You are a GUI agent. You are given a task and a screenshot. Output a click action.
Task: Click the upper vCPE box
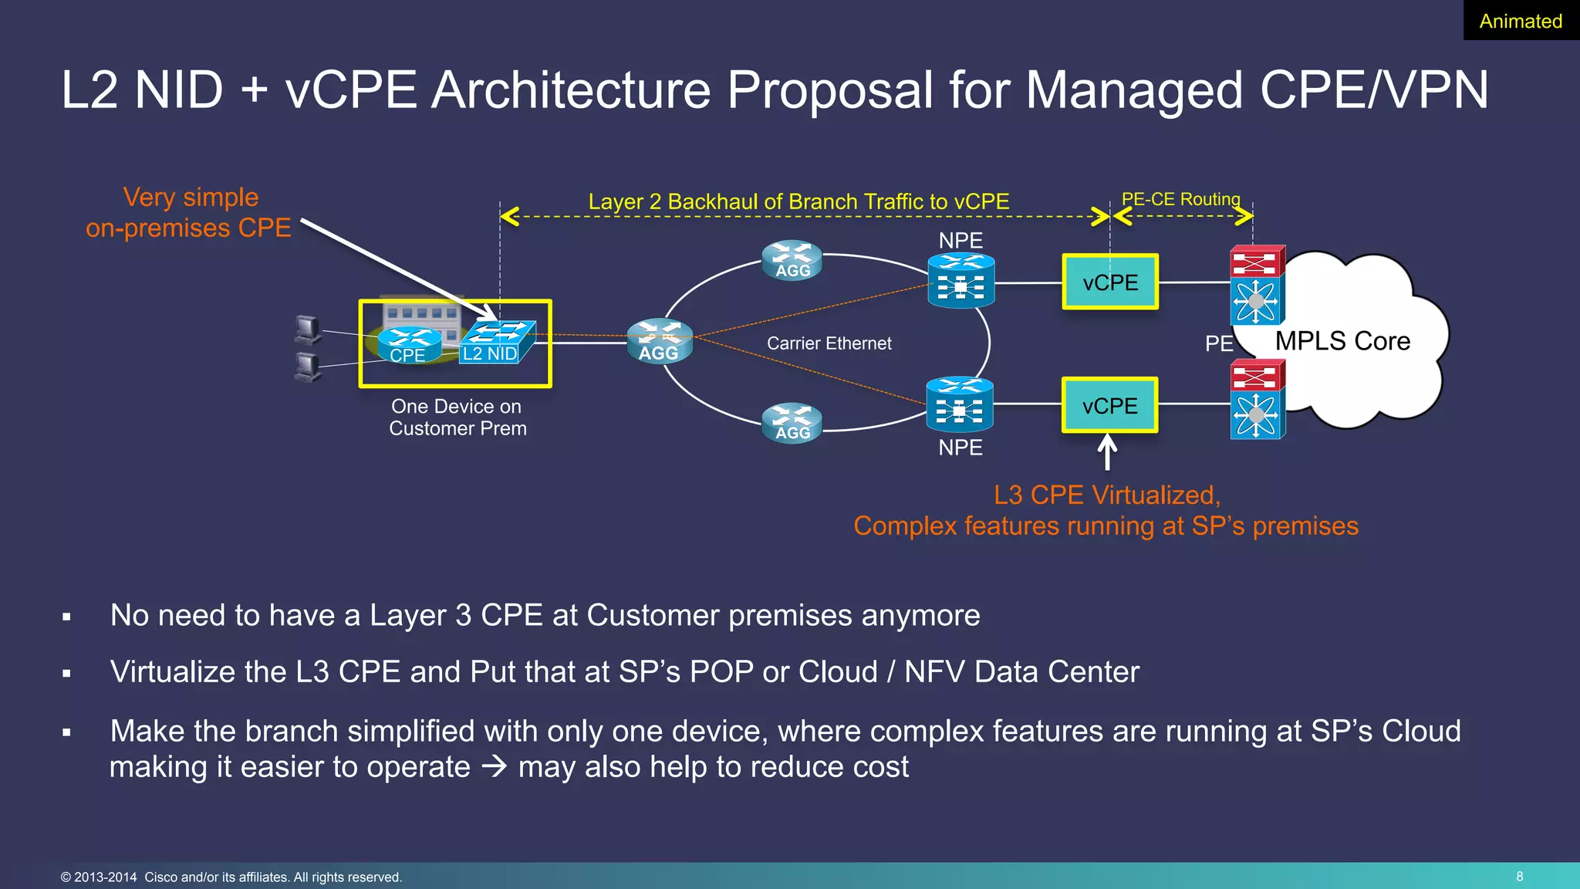pyautogui.click(x=1110, y=282)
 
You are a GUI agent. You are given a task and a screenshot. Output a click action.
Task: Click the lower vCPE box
pyautogui.click(x=1110, y=405)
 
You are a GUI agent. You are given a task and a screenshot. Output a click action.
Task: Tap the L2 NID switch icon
pyautogui.click(x=497, y=343)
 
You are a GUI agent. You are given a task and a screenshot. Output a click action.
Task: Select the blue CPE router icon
pyautogui.click(x=410, y=345)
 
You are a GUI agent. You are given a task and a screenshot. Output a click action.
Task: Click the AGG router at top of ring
pyautogui.click(x=792, y=260)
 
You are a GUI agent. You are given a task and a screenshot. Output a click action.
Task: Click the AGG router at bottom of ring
pyautogui.click(x=792, y=423)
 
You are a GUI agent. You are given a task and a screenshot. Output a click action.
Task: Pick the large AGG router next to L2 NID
pyautogui.click(x=660, y=341)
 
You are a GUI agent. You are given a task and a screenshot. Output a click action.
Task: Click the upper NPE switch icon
pyautogui.click(x=960, y=281)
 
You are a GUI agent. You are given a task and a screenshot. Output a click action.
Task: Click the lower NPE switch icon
pyautogui.click(x=959, y=404)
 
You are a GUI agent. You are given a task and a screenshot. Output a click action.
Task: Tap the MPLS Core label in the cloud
pyautogui.click(x=1342, y=341)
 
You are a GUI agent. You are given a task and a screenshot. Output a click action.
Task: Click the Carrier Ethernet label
pyautogui.click(x=829, y=343)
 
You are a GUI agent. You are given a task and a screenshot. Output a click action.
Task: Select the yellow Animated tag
pyautogui.click(x=1520, y=21)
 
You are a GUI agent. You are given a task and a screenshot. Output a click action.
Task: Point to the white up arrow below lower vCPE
pyautogui.click(x=1107, y=452)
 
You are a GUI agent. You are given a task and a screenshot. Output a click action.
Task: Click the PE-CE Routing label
pyautogui.click(x=1180, y=199)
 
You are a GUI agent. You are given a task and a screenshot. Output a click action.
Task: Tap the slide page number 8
pyautogui.click(x=1519, y=876)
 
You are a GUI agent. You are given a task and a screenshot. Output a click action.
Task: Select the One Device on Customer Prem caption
pyautogui.click(x=457, y=417)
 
